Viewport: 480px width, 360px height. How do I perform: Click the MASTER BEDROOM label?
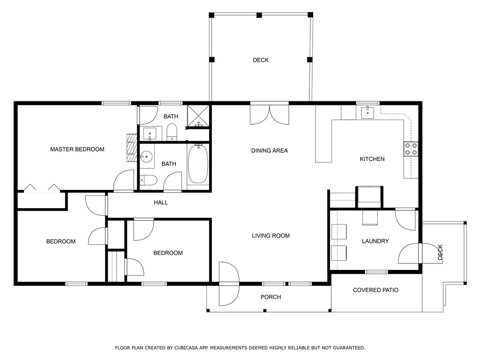click(x=77, y=150)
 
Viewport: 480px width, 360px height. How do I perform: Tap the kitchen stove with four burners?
click(x=411, y=149)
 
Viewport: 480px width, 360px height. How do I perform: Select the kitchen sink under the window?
click(x=367, y=112)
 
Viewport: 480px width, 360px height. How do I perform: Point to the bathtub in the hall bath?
click(x=198, y=164)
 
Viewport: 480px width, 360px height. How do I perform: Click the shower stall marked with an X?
click(x=198, y=116)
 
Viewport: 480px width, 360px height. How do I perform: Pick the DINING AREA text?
click(x=270, y=150)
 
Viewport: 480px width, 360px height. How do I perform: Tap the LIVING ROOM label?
click(x=270, y=236)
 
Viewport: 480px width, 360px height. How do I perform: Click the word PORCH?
click(x=270, y=297)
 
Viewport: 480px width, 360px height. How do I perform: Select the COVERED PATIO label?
click(x=375, y=290)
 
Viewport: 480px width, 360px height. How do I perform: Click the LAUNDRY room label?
click(x=375, y=241)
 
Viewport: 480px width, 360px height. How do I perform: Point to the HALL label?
click(x=161, y=202)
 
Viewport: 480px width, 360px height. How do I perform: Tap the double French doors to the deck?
click(x=270, y=115)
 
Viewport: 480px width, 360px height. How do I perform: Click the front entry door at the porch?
click(x=229, y=284)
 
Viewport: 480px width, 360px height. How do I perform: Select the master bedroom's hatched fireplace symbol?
click(x=132, y=148)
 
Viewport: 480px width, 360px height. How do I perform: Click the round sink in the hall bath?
click(x=146, y=157)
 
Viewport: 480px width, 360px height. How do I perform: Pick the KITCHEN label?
click(x=372, y=159)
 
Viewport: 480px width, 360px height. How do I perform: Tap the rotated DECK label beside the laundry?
click(x=440, y=252)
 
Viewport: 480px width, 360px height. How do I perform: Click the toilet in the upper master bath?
click(x=172, y=132)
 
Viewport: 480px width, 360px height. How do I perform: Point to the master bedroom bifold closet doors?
click(x=42, y=188)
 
